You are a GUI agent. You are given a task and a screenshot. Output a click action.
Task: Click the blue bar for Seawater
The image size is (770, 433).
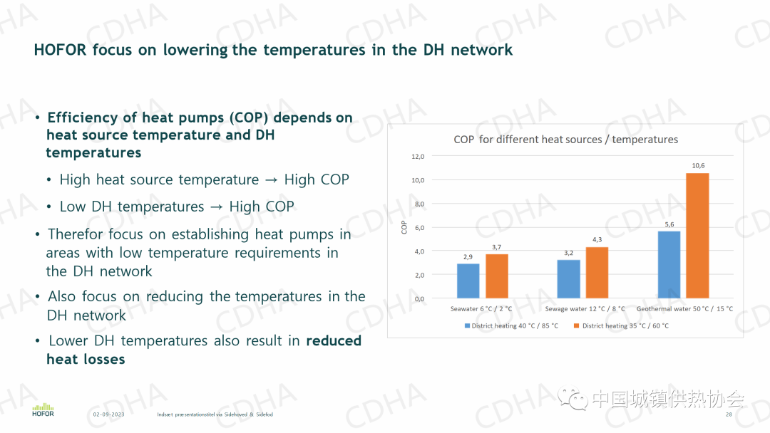[468, 281]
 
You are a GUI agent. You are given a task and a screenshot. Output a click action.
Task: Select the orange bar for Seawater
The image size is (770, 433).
[497, 276]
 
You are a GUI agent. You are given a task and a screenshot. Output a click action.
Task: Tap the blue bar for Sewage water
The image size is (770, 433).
[568, 278]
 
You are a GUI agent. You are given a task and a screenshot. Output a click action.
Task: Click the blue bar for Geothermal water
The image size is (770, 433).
[669, 264]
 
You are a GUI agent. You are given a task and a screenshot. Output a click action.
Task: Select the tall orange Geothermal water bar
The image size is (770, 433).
[697, 235]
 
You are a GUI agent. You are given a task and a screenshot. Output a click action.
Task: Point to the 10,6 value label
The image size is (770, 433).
[698, 166]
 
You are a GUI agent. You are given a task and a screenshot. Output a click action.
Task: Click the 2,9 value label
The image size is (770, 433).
[468, 256]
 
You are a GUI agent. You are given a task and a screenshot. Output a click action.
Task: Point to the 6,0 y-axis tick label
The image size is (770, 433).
[419, 227]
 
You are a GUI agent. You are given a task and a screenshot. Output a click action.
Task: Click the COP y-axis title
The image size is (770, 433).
[404, 227]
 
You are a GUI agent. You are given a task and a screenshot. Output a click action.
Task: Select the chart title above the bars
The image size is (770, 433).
[565, 140]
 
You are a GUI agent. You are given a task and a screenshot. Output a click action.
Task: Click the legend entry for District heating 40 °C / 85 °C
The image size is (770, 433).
[511, 326]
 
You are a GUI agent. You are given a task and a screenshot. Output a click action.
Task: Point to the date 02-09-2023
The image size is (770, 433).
[108, 414]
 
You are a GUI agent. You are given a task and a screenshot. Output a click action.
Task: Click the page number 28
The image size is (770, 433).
[729, 414]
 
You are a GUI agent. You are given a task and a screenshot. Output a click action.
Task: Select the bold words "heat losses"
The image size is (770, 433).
[86, 360]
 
